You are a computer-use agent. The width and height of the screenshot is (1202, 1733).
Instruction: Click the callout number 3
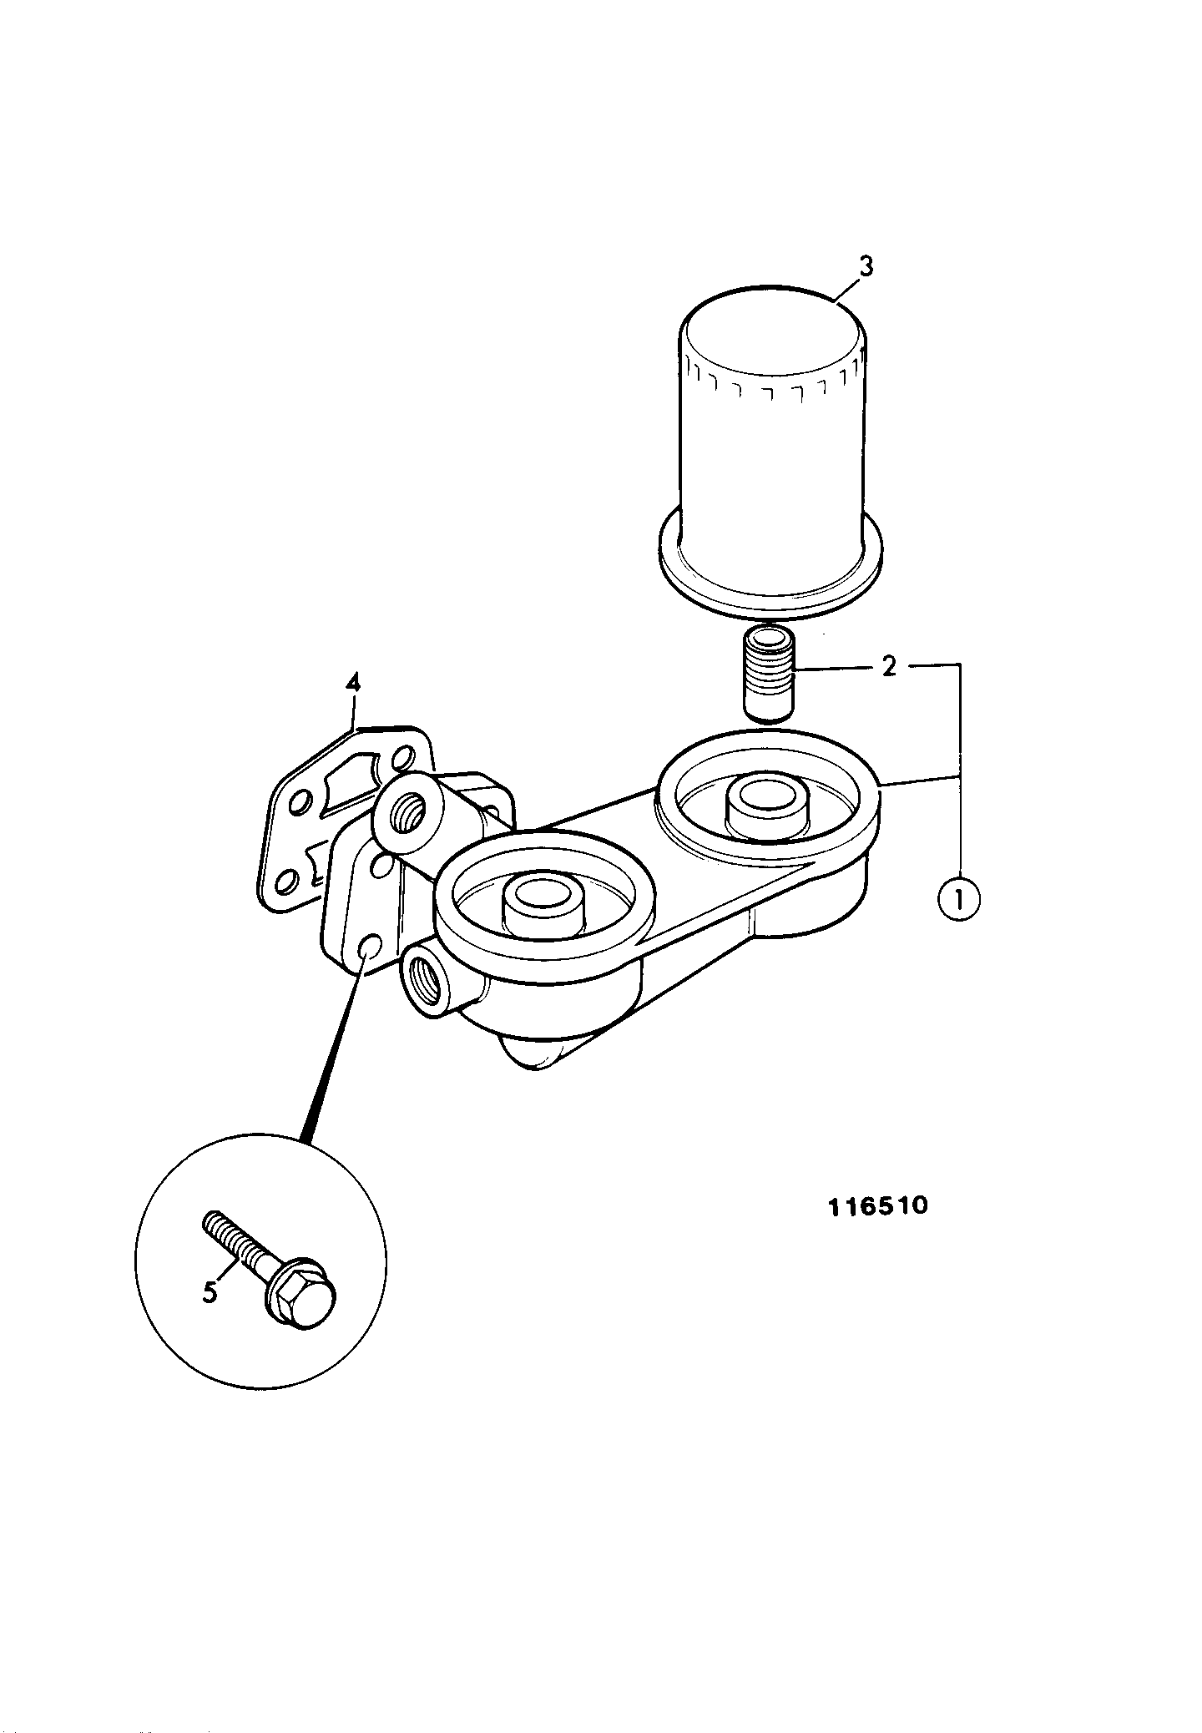point(866,266)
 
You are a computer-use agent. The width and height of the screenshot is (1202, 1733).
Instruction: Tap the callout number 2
point(890,666)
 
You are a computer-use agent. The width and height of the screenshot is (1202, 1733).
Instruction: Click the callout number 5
point(210,1292)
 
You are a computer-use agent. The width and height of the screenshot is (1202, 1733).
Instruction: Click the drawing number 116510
point(877,1206)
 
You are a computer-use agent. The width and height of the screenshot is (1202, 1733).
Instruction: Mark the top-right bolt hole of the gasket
point(402,760)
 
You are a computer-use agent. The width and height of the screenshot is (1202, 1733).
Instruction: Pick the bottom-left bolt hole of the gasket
point(286,882)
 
